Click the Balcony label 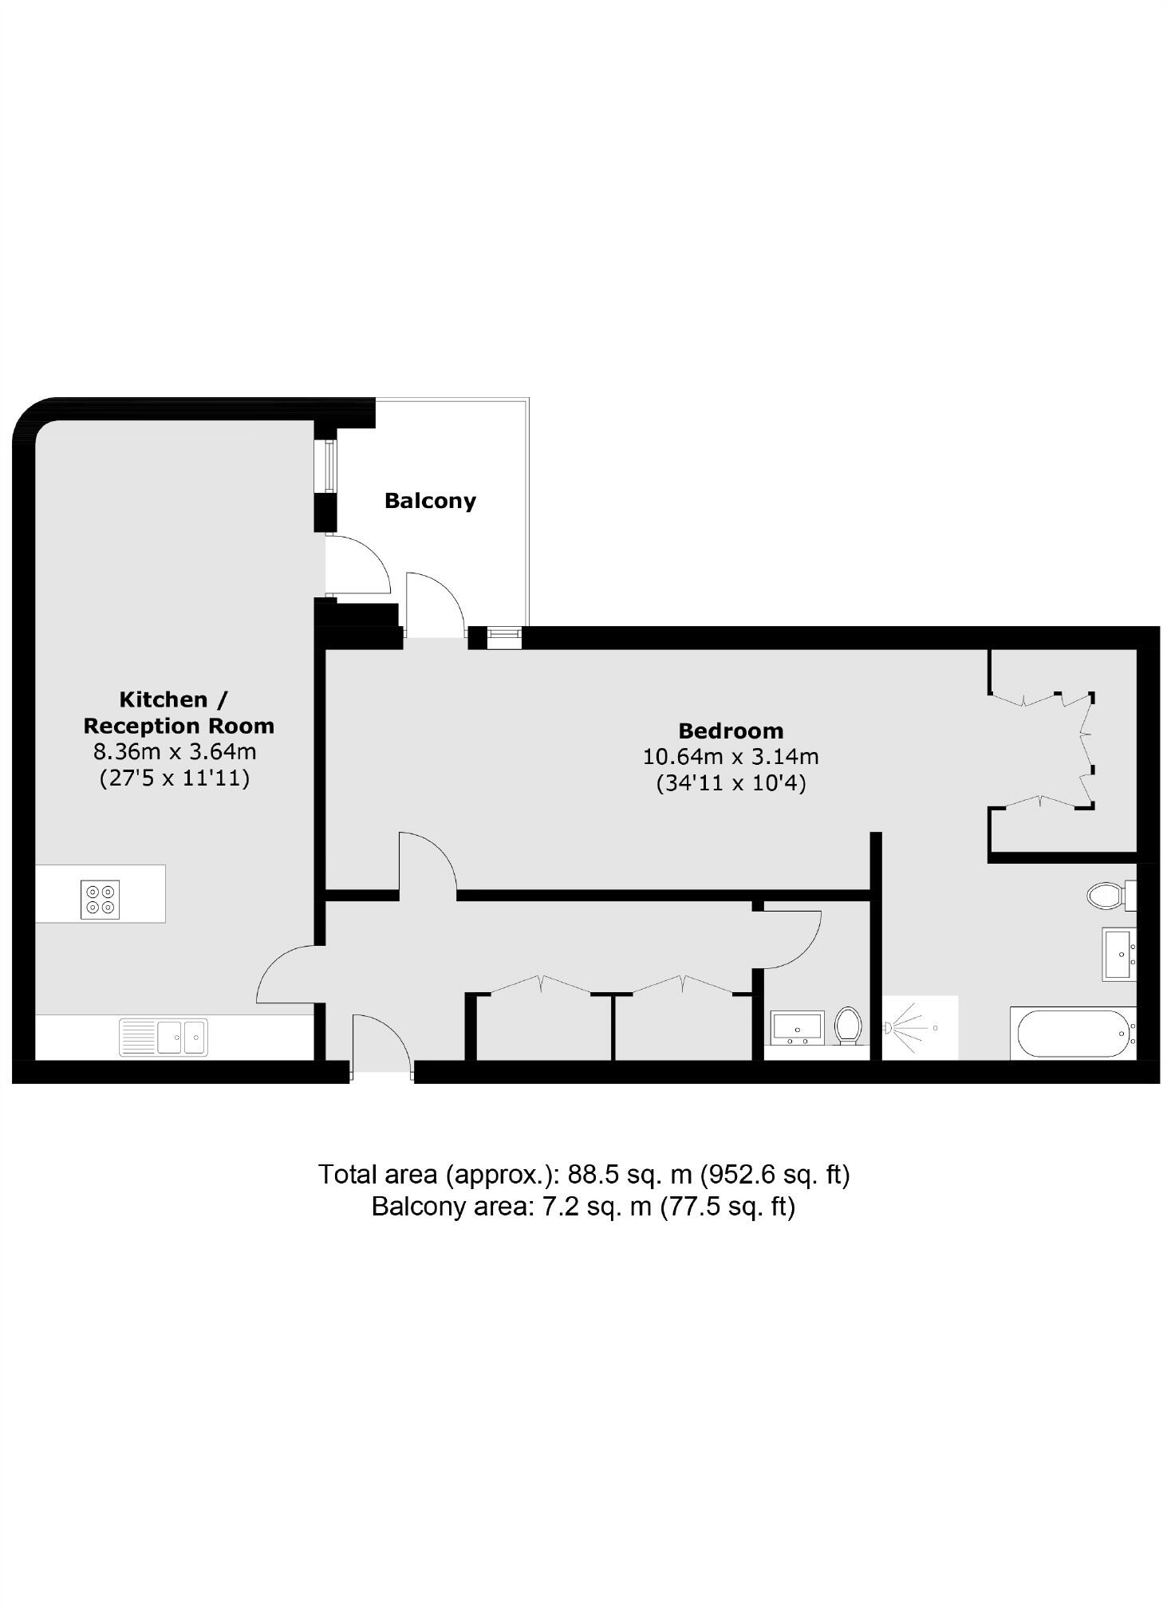tap(430, 501)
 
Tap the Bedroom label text tap(731, 731)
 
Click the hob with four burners tap(101, 898)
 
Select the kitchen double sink tap(164, 1037)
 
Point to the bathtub tap(1073, 1034)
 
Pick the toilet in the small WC tap(848, 1025)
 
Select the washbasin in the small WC tap(798, 1027)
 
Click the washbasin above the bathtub tap(1119, 953)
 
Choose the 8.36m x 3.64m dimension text tap(175, 751)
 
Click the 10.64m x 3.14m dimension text tap(731, 756)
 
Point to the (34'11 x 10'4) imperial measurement tap(731, 783)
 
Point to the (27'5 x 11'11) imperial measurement tap(175, 778)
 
